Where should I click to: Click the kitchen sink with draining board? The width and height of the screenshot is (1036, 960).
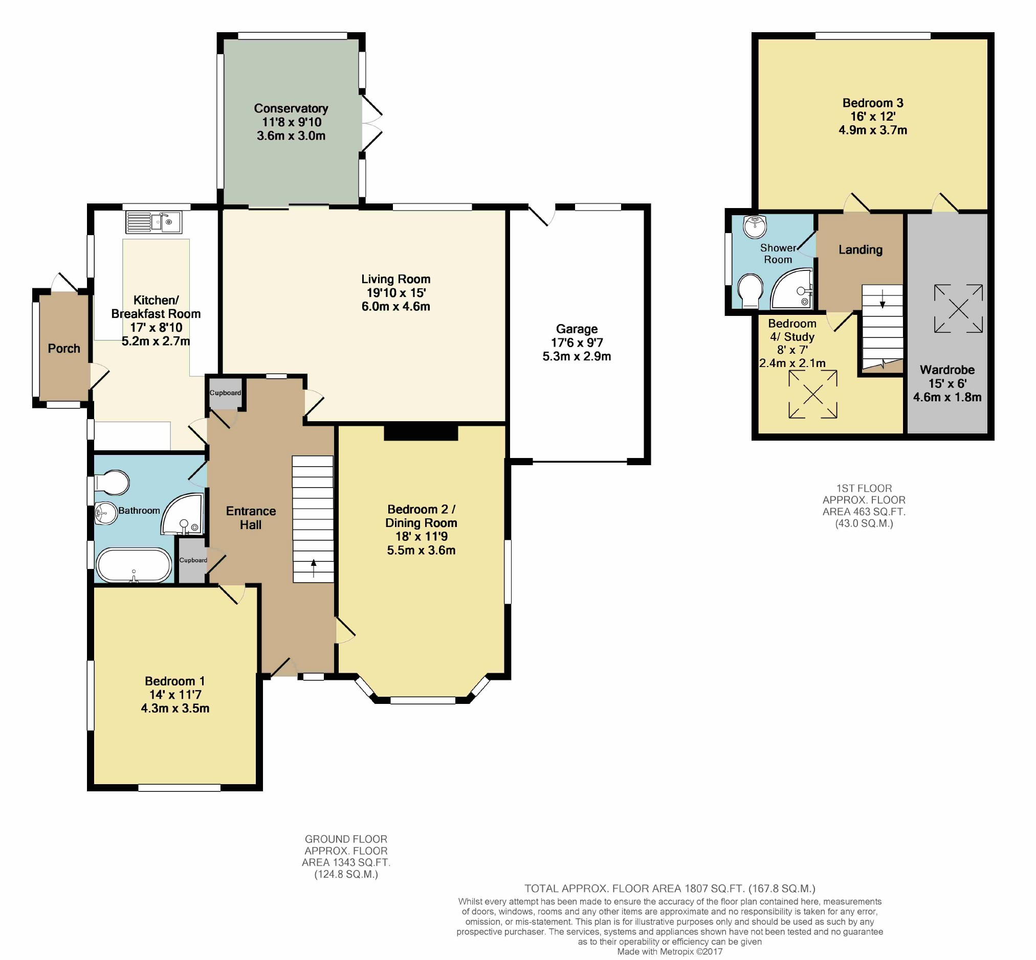pyautogui.click(x=153, y=222)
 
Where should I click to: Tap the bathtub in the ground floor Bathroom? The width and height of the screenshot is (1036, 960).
pyautogui.click(x=134, y=565)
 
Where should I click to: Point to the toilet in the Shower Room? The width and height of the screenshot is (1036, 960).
pyautogui.click(x=751, y=291)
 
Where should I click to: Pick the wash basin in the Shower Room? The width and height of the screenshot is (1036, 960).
pyautogui.click(x=755, y=226)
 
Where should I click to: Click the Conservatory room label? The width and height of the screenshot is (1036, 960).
pyautogui.click(x=291, y=108)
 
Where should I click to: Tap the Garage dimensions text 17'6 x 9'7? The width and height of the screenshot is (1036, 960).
pyautogui.click(x=577, y=343)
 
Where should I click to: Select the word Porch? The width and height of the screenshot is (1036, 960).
pyautogui.click(x=64, y=349)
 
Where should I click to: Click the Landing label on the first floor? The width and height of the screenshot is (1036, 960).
pyautogui.click(x=861, y=250)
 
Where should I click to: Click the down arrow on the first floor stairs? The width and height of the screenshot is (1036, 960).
pyautogui.click(x=882, y=301)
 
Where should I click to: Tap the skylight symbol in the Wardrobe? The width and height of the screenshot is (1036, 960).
pyautogui.click(x=959, y=309)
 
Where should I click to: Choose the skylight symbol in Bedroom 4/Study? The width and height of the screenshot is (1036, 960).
pyautogui.click(x=813, y=394)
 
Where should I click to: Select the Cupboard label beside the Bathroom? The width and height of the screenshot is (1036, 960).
pyautogui.click(x=193, y=560)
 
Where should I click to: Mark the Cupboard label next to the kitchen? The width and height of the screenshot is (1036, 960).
pyautogui.click(x=225, y=393)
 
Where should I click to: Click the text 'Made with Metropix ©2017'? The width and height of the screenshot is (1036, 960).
pyautogui.click(x=670, y=952)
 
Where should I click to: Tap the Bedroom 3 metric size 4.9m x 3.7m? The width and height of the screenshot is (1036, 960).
pyautogui.click(x=873, y=130)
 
